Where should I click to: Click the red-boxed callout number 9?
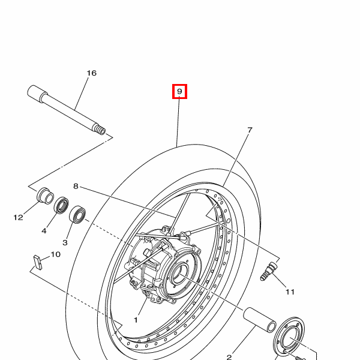179,91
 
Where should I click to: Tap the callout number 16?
92,73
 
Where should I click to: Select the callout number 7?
250,130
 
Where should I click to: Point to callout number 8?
76,186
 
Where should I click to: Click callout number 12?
19,217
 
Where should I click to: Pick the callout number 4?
44,230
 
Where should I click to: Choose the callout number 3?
65,242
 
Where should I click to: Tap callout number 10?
55,254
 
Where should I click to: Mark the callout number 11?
290,292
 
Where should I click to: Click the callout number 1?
136,320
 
